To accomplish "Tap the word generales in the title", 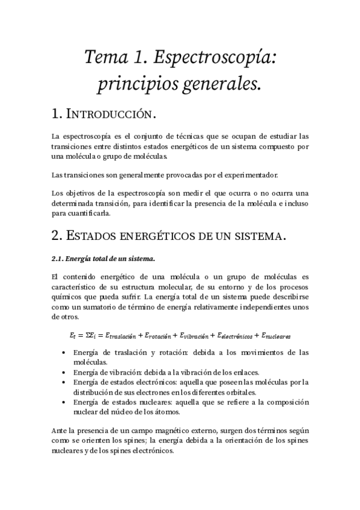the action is pyautogui.click(x=224, y=84).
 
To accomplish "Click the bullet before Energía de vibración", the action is pyautogui.click(x=64, y=372).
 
